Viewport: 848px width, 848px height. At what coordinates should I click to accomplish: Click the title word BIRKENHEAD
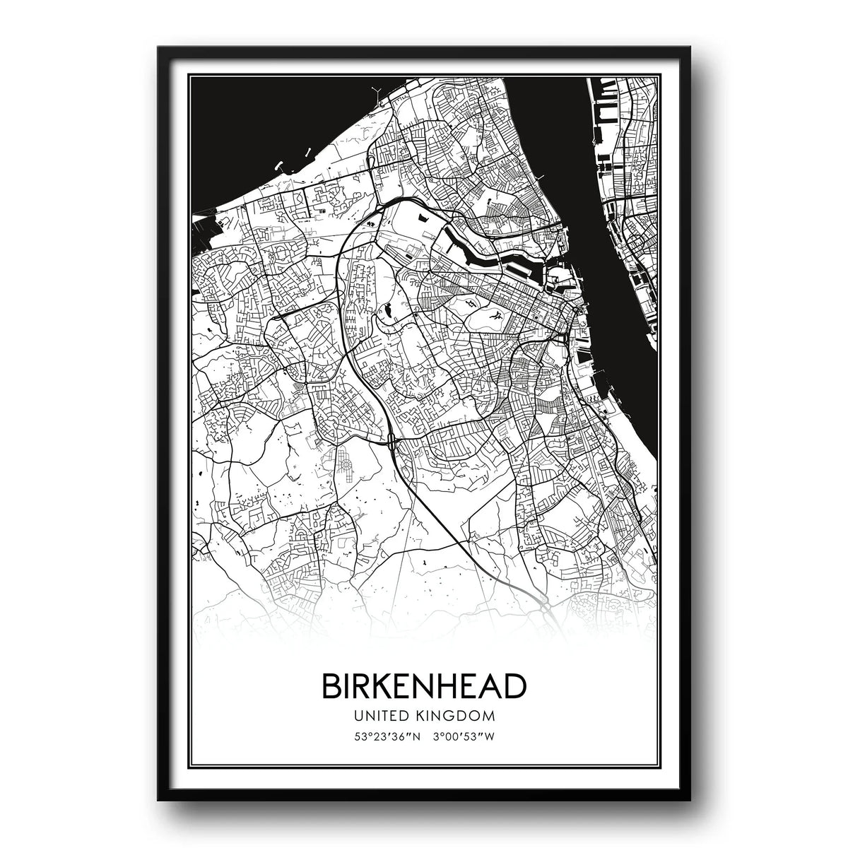pos(424,686)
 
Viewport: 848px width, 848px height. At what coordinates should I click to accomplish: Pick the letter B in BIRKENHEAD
pos(330,686)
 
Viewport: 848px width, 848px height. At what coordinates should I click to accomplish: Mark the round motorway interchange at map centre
pos(391,444)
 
